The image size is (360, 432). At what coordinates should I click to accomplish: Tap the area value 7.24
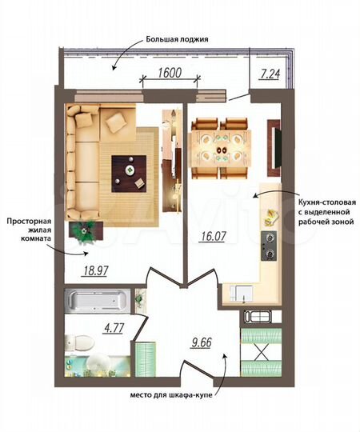click(x=270, y=74)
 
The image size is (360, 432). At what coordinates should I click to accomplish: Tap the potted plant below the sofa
click(x=84, y=230)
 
